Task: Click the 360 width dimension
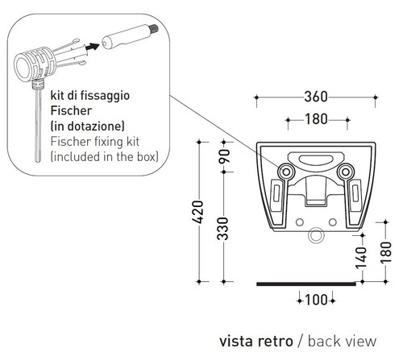click(x=316, y=97)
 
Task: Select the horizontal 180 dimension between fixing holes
click(x=316, y=122)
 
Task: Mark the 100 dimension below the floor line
click(x=316, y=300)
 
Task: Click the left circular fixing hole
click(x=287, y=171)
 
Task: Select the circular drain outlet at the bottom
click(x=316, y=236)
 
